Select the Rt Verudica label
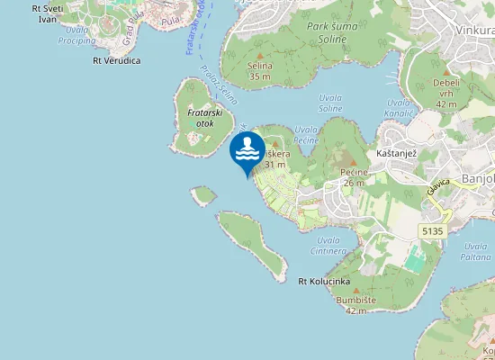tap(116, 61)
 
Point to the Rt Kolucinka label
tap(323, 282)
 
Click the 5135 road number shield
tap(432, 231)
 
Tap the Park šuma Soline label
tap(338, 33)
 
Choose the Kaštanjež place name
tap(397, 155)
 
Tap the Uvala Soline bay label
tap(330, 103)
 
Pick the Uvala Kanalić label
tap(399, 107)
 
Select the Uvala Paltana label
tap(476, 250)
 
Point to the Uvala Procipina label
tap(76, 35)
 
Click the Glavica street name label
tap(439, 187)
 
